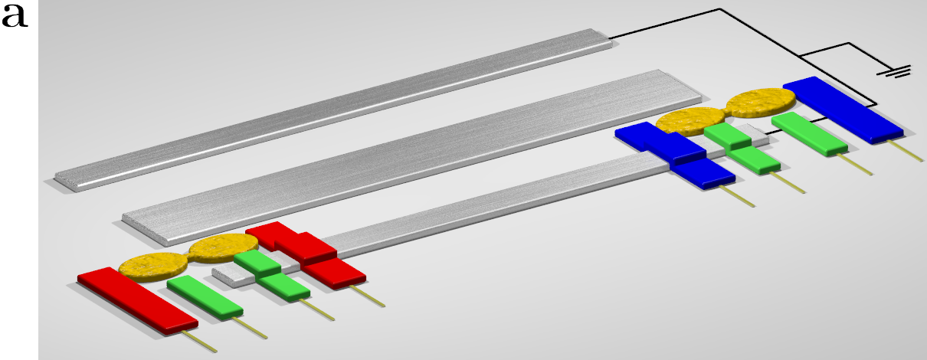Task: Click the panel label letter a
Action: (x=15, y=17)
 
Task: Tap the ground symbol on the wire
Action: (x=894, y=71)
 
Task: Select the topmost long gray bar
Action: (x=333, y=110)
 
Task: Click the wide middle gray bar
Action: (x=412, y=158)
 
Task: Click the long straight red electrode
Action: (x=138, y=301)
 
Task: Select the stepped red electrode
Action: (x=306, y=254)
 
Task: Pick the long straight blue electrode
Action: (x=843, y=110)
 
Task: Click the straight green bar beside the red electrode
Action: (x=205, y=297)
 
